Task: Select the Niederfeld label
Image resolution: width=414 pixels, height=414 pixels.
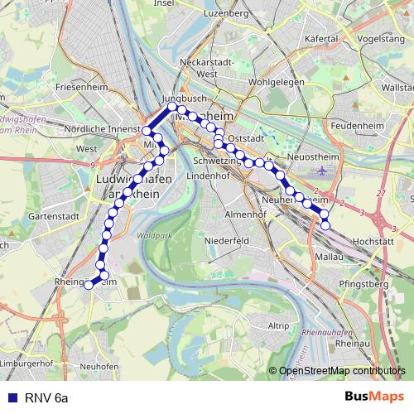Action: (227, 240)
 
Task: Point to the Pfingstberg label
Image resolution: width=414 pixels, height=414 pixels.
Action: (363, 284)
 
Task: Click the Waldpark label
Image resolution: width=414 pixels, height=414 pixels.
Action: (150, 235)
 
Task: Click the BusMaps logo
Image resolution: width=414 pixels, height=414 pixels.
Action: (374, 397)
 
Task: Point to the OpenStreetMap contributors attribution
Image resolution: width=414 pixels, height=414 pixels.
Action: (341, 371)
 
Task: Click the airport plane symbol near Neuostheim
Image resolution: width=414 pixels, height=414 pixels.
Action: (322, 171)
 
